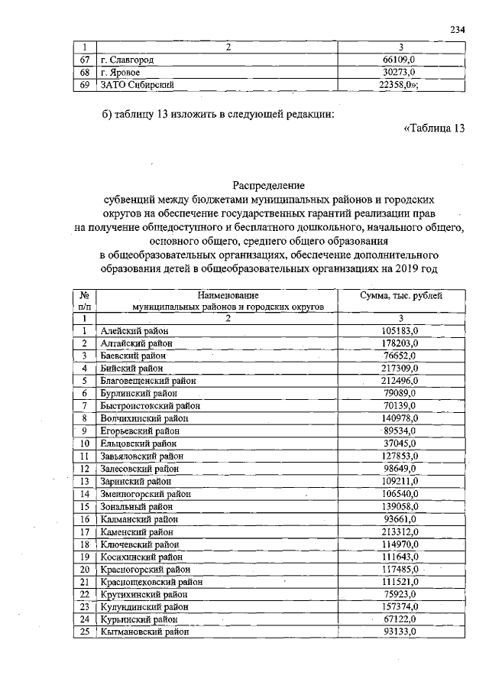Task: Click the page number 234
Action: tap(458, 29)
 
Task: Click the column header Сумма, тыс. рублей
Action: tap(401, 295)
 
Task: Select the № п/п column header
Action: tap(86, 301)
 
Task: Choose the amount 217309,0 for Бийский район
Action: tap(400, 368)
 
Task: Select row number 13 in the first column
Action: tap(86, 481)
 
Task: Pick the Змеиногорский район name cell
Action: tap(145, 494)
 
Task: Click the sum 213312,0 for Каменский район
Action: tap(400, 531)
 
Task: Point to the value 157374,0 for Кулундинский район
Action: tap(400, 606)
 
